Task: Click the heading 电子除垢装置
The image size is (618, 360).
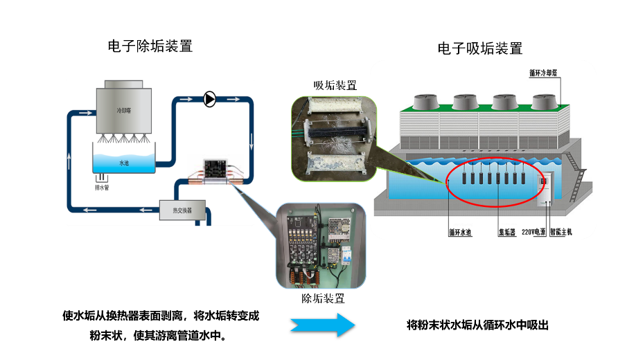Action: tap(150, 46)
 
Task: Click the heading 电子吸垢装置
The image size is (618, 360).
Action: tap(480, 48)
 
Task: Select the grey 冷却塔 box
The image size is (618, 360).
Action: tap(124, 108)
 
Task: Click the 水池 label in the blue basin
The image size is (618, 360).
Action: tap(124, 163)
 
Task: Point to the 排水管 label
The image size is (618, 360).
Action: tap(102, 187)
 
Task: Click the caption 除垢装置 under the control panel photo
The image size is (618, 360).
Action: tap(323, 298)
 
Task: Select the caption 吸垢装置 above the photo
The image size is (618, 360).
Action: tap(335, 85)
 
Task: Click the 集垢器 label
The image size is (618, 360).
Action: tap(506, 233)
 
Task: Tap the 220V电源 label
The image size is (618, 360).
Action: tap(533, 233)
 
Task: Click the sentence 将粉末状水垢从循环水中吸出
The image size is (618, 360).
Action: tap(477, 325)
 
